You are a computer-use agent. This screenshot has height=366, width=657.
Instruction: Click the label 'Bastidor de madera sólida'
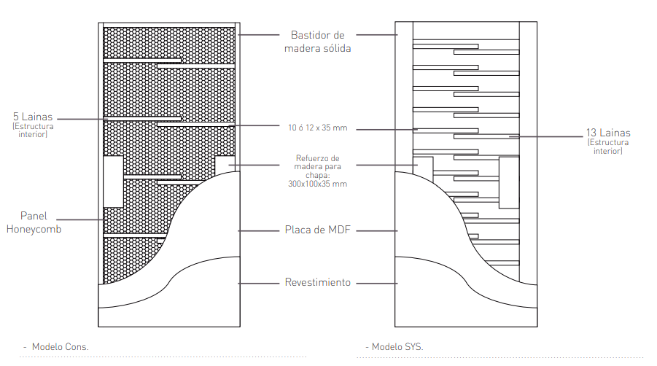point(318,42)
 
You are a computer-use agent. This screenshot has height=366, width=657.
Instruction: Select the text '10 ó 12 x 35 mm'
point(318,128)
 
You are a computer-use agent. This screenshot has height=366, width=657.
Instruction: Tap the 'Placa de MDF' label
point(318,230)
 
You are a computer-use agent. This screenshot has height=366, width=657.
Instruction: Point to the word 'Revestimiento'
point(318,282)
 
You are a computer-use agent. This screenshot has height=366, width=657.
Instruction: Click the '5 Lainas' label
point(33,117)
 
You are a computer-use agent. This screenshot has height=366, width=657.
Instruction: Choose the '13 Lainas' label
point(608,133)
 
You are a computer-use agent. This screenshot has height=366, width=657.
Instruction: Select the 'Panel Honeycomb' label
point(34,222)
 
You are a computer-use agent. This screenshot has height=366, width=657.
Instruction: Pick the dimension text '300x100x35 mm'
point(318,184)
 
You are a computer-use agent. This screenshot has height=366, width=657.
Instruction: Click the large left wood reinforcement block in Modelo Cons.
point(113,182)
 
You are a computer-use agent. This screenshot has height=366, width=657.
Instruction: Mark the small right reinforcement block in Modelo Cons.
point(225,166)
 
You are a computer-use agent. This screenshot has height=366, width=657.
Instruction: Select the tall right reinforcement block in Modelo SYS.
point(509,182)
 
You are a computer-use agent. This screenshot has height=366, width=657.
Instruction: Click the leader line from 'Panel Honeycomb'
point(80,219)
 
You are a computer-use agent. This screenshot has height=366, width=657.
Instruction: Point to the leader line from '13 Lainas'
point(546,136)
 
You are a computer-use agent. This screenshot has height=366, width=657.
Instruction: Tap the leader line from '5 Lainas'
point(82,119)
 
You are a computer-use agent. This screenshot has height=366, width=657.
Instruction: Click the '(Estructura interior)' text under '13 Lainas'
point(608,147)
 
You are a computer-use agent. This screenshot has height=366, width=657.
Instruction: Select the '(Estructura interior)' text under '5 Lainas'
point(33,131)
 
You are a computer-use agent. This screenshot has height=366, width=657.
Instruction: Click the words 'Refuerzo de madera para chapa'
point(318,167)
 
